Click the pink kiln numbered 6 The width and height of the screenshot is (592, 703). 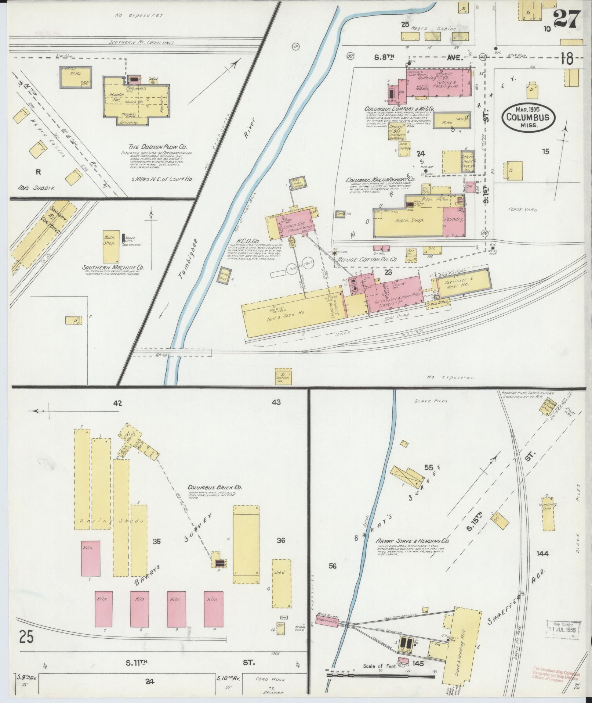tap(90, 563)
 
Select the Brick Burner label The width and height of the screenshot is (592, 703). tap(329, 616)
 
